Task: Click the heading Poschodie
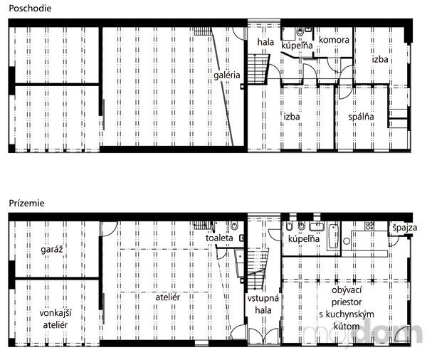pyautogui.click(x=30, y=8)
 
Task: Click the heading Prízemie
pyautogui.click(x=27, y=203)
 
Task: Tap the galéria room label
pyautogui.click(x=226, y=75)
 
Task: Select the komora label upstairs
pyautogui.click(x=334, y=40)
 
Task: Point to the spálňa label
pyautogui.click(x=361, y=117)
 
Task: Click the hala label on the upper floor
pyautogui.click(x=265, y=42)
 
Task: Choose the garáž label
pyautogui.click(x=52, y=250)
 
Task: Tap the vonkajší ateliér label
pyautogui.click(x=56, y=319)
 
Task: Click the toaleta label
pyautogui.click(x=219, y=238)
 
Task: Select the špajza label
pyautogui.click(x=405, y=228)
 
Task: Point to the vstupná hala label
pyautogui.click(x=263, y=305)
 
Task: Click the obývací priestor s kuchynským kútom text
pyautogui.click(x=347, y=308)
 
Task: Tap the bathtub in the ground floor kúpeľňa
pyautogui.click(x=334, y=236)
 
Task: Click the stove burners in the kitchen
pyautogui.click(x=369, y=226)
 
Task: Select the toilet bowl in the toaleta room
pyautogui.click(x=234, y=226)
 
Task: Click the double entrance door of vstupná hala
pyautogui.click(x=263, y=336)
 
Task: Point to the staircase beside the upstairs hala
pyautogui.click(x=258, y=69)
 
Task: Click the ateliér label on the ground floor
pyautogui.click(x=168, y=297)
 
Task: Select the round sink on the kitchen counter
pyautogui.click(x=347, y=241)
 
